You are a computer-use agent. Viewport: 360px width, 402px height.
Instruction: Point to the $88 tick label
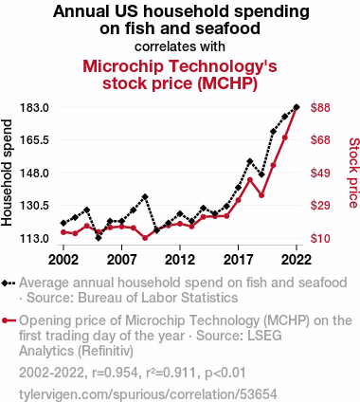click(x=320, y=108)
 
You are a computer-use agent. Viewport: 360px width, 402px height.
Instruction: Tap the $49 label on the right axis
click(x=320, y=173)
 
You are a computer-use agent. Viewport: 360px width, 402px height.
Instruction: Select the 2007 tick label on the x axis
click(x=121, y=260)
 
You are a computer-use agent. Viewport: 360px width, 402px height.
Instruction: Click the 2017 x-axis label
click(x=238, y=260)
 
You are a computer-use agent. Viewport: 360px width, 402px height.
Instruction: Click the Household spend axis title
click(x=7, y=173)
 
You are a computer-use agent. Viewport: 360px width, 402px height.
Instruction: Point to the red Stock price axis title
click(x=353, y=173)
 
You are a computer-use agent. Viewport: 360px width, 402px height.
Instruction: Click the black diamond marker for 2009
click(x=145, y=197)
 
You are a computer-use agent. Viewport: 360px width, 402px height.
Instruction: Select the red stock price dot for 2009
click(x=145, y=238)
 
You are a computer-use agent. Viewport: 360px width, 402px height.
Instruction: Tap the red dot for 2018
click(x=250, y=180)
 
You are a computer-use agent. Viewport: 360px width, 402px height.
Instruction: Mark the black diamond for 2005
click(x=99, y=238)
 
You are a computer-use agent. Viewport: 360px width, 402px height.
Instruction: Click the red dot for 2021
click(x=285, y=137)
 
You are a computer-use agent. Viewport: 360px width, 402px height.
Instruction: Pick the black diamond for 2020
click(x=273, y=132)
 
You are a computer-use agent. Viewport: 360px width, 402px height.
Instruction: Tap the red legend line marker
click(x=9, y=320)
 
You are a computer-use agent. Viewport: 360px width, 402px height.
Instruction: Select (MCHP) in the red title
click(x=227, y=83)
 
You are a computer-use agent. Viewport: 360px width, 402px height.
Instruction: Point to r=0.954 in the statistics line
click(x=115, y=373)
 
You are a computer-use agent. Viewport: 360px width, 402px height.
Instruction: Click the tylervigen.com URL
click(x=148, y=394)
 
